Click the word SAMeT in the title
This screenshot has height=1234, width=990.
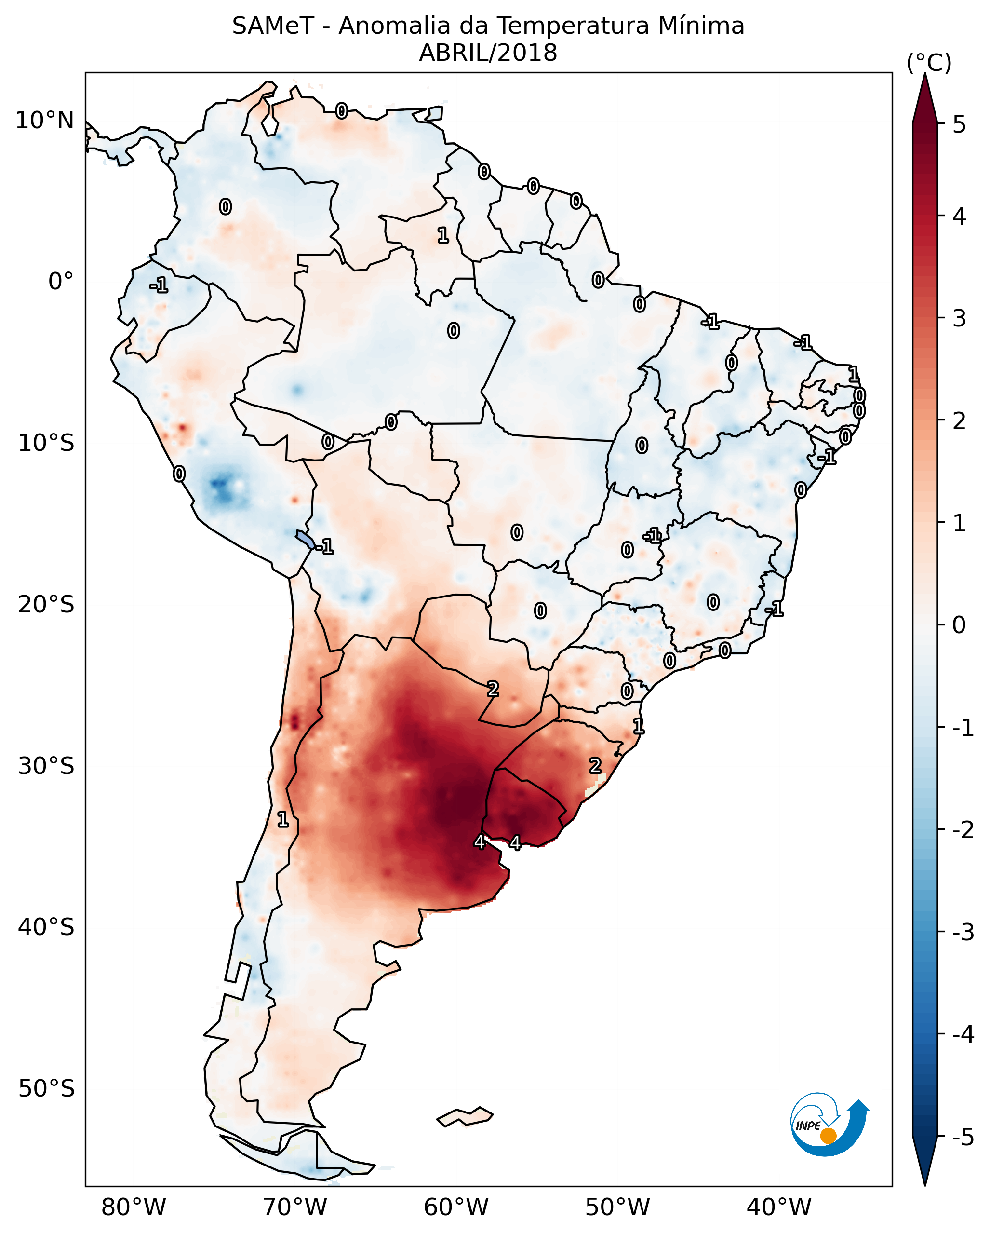272,27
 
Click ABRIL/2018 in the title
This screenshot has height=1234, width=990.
488,53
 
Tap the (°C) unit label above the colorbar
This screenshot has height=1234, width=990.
929,63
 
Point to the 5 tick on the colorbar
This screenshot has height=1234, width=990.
959,124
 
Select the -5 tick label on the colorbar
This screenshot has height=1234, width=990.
963,1137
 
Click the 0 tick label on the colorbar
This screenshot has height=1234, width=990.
959,624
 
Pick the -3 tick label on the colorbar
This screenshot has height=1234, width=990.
963,933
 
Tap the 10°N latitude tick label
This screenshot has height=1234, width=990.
45,121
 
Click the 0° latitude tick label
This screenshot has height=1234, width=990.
61,282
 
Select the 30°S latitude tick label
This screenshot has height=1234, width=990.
46,766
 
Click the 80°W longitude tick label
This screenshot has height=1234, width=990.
134,1207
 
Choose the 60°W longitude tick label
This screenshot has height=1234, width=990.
456,1207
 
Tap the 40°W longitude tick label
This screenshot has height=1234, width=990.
779,1207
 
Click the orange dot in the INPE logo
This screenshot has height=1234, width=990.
828,1136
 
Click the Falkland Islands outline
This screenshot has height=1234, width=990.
465,1117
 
